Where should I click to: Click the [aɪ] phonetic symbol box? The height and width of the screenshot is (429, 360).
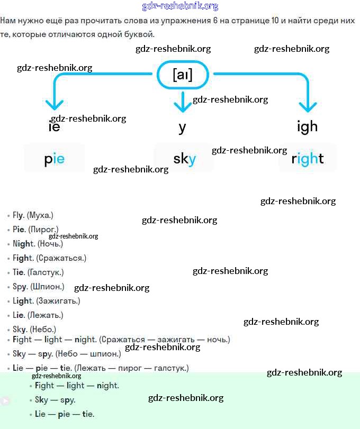click(183, 75)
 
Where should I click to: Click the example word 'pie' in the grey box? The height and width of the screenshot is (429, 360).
click(54, 158)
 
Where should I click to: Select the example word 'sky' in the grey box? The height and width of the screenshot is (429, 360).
click(184, 158)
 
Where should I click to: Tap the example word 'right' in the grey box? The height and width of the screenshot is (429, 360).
click(308, 158)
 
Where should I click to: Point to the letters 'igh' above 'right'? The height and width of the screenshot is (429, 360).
click(307, 126)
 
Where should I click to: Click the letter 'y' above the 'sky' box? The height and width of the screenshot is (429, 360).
click(183, 127)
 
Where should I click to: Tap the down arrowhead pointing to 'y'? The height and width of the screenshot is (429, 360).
click(183, 106)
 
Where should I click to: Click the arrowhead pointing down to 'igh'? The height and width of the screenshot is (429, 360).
click(308, 105)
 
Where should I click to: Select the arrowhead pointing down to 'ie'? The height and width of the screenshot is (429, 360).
click(55, 104)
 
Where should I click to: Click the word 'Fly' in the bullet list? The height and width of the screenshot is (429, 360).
click(19, 215)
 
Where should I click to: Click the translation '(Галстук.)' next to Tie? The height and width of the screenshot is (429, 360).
click(45, 272)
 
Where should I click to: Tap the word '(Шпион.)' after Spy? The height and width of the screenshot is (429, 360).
click(47, 287)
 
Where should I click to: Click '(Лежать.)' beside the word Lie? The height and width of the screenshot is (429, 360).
click(45, 315)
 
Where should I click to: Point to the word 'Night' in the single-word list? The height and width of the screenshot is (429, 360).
click(23, 244)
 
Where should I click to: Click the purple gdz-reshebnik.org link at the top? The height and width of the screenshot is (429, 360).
click(180, 6)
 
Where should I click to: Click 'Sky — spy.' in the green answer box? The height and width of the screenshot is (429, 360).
click(55, 400)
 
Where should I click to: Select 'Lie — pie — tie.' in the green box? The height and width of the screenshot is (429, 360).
click(65, 414)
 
